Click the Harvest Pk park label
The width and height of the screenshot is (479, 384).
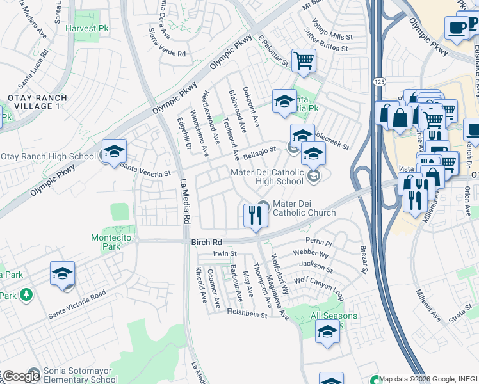point(86,29)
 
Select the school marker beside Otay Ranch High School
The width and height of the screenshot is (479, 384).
point(114,152)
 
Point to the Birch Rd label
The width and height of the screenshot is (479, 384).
point(206,243)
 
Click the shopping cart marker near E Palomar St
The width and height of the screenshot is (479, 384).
point(304,61)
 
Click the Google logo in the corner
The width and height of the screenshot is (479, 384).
point(21,376)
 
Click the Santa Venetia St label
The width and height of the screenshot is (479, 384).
point(145,170)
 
